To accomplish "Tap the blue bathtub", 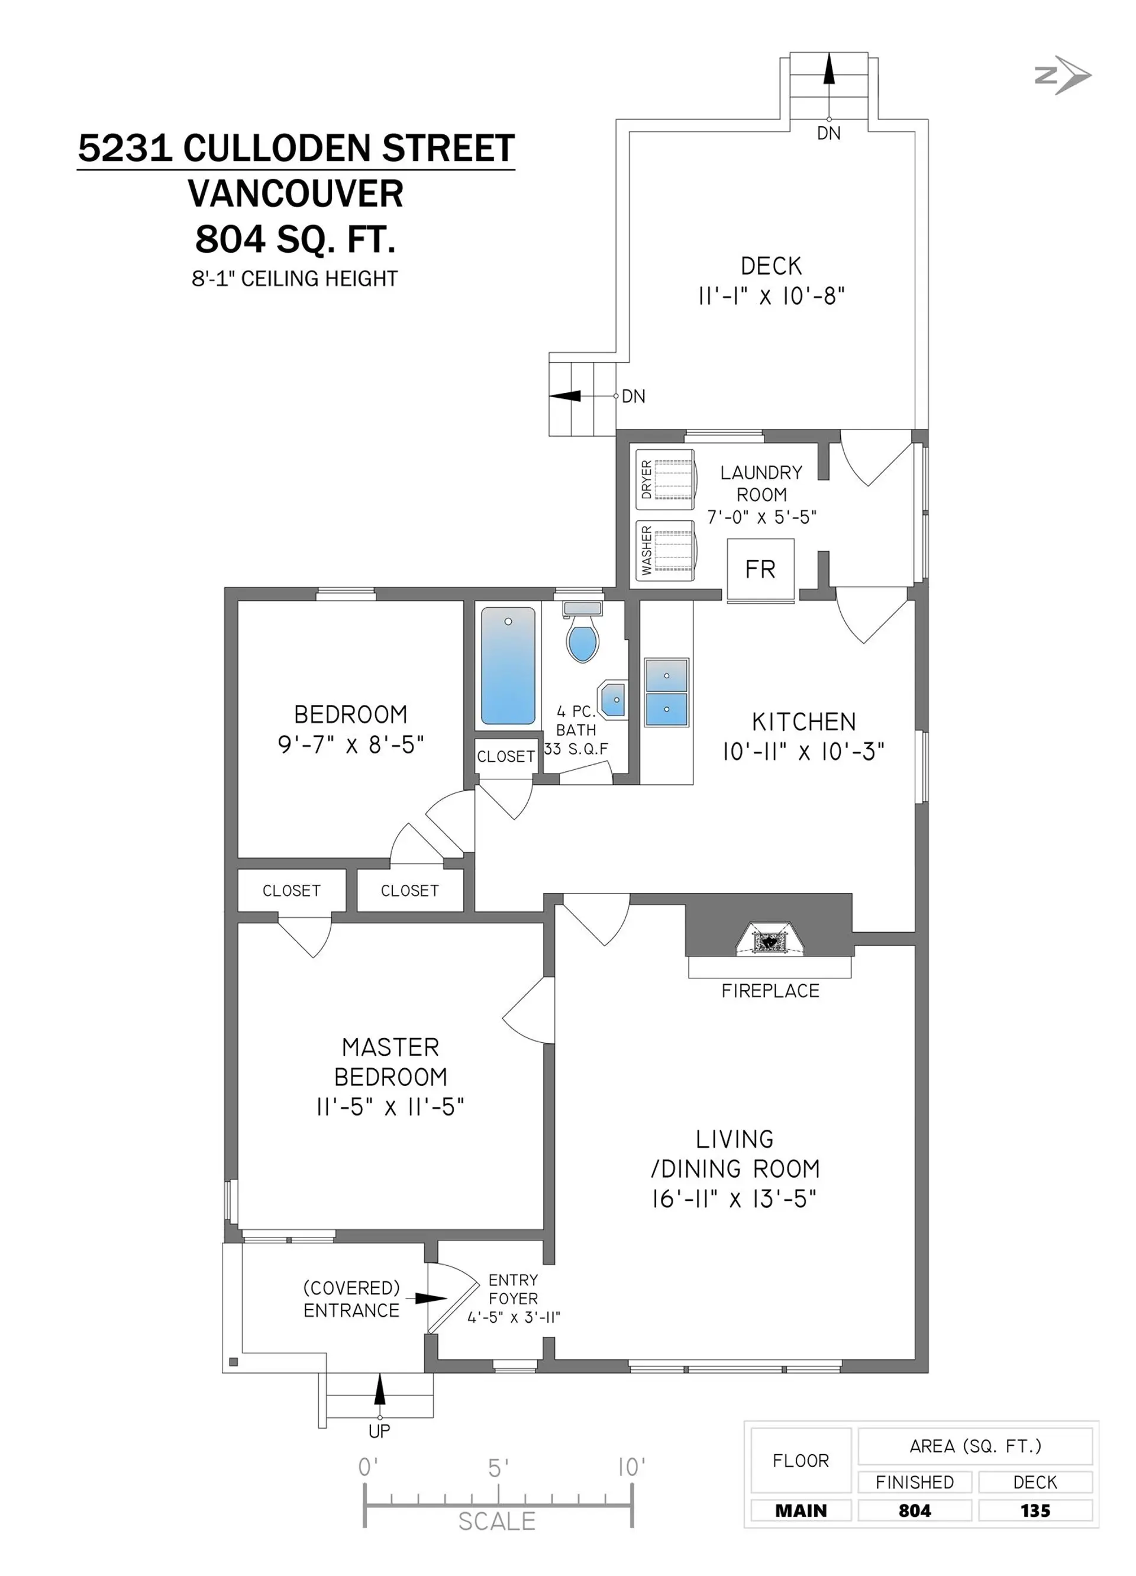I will pyautogui.click(x=508, y=666).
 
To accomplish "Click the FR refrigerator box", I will pyautogui.click(x=760, y=570).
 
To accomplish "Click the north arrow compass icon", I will pyautogui.click(x=1063, y=75).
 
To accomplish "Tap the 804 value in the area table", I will pyautogui.click(x=914, y=1511).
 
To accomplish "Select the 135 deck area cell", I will pyautogui.click(x=1035, y=1511).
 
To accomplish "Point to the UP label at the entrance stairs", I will pyautogui.click(x=379, y=1431).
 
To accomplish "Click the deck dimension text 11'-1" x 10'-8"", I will pyautogui.click(x=771, y=296).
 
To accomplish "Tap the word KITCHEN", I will pyautogui.click(x=804, y=722).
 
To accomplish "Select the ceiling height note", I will pyautogui.click(x=295, y=279).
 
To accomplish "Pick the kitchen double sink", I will pyautogui.click(x=666, y=692).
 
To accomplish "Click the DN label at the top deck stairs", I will pyautogui.click(x=828, y=133).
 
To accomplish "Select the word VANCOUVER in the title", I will pyautogui.click(x=295, y=194).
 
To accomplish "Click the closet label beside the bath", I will pyautogui.click(x=506, y=756).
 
